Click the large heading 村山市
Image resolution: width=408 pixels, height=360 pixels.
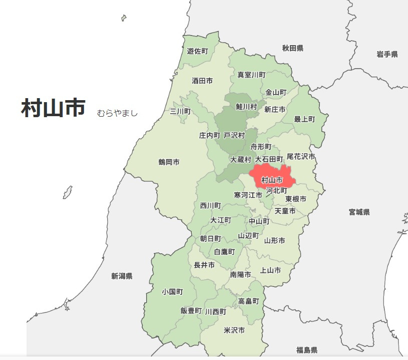coord(53,108)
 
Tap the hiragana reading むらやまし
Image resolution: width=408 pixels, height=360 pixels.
coord(117,113)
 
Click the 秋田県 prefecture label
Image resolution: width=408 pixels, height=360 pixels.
coord(292,48)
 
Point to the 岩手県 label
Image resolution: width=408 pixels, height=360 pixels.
coord(387,54)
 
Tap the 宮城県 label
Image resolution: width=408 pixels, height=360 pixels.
coord(359,212)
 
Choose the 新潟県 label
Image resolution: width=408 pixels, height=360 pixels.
coord(122,276)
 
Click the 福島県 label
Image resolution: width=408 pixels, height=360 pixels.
coord(306,349)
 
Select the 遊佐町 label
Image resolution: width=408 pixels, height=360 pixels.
coord(197,51)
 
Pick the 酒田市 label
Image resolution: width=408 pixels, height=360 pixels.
coord(202,81)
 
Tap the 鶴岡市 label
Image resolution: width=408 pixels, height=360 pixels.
coord(169,162)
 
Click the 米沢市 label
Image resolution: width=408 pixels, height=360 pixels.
coord(234,330)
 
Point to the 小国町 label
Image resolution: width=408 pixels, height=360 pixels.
coord(172,291)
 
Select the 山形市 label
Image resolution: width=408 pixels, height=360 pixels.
coord(274,241)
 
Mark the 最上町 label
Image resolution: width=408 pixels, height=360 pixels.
coord(304,119)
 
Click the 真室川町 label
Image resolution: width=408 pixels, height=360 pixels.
coord(251,75)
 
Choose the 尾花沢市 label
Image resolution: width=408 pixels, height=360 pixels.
coord(301,157)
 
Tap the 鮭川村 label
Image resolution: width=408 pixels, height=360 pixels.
coord(246,107)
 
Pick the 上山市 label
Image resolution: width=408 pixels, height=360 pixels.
coord(270,270)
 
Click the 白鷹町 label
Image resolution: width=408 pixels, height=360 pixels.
coord(224,251)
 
